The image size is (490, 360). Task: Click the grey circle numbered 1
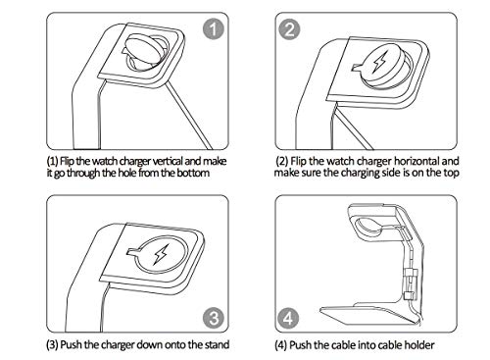214,28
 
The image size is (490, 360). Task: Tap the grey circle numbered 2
289,29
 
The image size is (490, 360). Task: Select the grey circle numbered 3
214,318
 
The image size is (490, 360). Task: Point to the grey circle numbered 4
288,318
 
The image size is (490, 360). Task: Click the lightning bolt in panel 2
379,61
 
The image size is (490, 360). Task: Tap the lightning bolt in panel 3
161,254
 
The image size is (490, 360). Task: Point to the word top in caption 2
451,173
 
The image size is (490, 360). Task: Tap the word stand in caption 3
217,344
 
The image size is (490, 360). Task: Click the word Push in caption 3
72,344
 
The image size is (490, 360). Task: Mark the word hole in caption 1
126,173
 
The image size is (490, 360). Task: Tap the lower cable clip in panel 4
410,296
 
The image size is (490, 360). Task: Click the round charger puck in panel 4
368,229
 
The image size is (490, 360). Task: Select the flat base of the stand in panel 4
369,313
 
